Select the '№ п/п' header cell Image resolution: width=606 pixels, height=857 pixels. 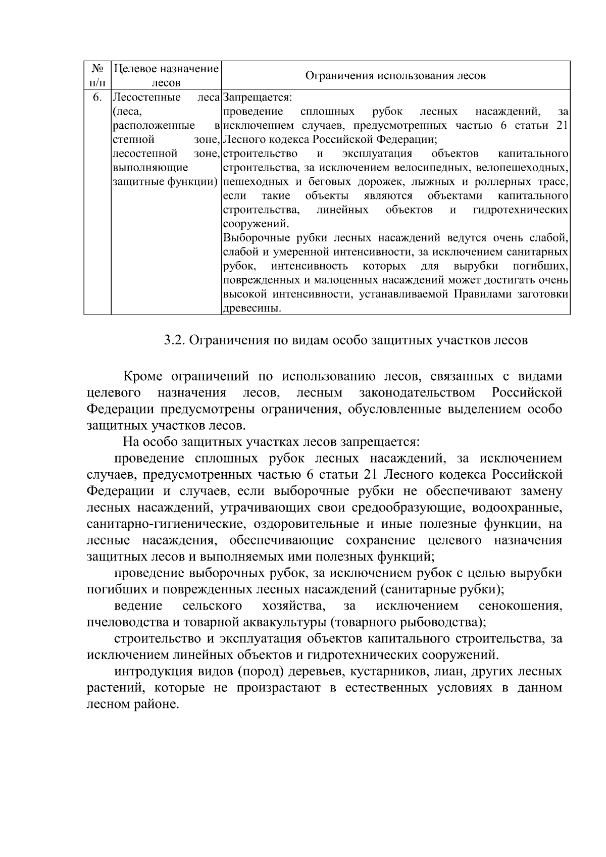(97, 75)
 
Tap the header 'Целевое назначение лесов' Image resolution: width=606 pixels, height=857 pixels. (166, 75)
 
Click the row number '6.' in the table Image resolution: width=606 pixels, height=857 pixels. (97, 97)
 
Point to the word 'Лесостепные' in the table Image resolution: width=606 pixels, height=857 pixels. (146, 97)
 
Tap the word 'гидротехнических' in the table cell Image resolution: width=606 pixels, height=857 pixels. (521, 210)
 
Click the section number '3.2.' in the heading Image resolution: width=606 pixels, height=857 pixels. (175, 340)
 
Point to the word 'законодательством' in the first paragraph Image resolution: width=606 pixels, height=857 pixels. (417, 393)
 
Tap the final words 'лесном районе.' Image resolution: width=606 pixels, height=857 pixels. (133, 704)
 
